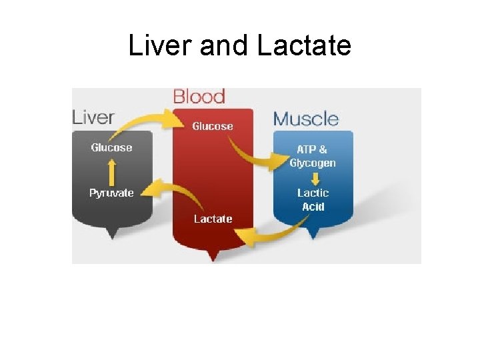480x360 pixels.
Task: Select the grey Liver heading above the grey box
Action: [x=93, y=117]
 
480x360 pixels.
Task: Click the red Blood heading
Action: [x=199, y=97]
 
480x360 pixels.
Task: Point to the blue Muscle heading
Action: [x=306, y=119]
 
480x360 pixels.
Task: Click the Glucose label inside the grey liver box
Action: [x=111, y=147]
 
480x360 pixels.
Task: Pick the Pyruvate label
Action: [x=111, y=193]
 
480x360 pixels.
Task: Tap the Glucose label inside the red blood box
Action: [x=213, y=126]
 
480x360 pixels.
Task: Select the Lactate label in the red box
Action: [x=213, y=218]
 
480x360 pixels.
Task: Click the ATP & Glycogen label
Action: [x=313, y=157]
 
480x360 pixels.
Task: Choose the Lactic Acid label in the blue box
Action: [x=313, y=199]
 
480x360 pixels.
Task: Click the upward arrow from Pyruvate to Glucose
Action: [x=111, y=171]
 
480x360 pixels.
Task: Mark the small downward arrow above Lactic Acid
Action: [x=313, y=179]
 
